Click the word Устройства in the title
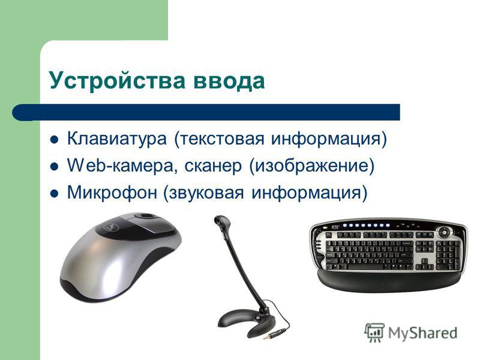click(x=117, y=81)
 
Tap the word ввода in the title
click(x=229, y=81)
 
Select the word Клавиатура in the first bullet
click(x=116, y=139)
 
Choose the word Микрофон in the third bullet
click(x=112, y=193)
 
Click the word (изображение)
click(x=312, y=166)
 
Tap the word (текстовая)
click(x=219, y=139)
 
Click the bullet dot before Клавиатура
click(x=54, y=140)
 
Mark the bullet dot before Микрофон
click(x=54, y=194)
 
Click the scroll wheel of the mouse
click(x=148, y=216)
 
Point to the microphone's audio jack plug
click(x=275, y=333)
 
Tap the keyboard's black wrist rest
click(x=389, y=280)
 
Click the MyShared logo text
click(x=422, y=333)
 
